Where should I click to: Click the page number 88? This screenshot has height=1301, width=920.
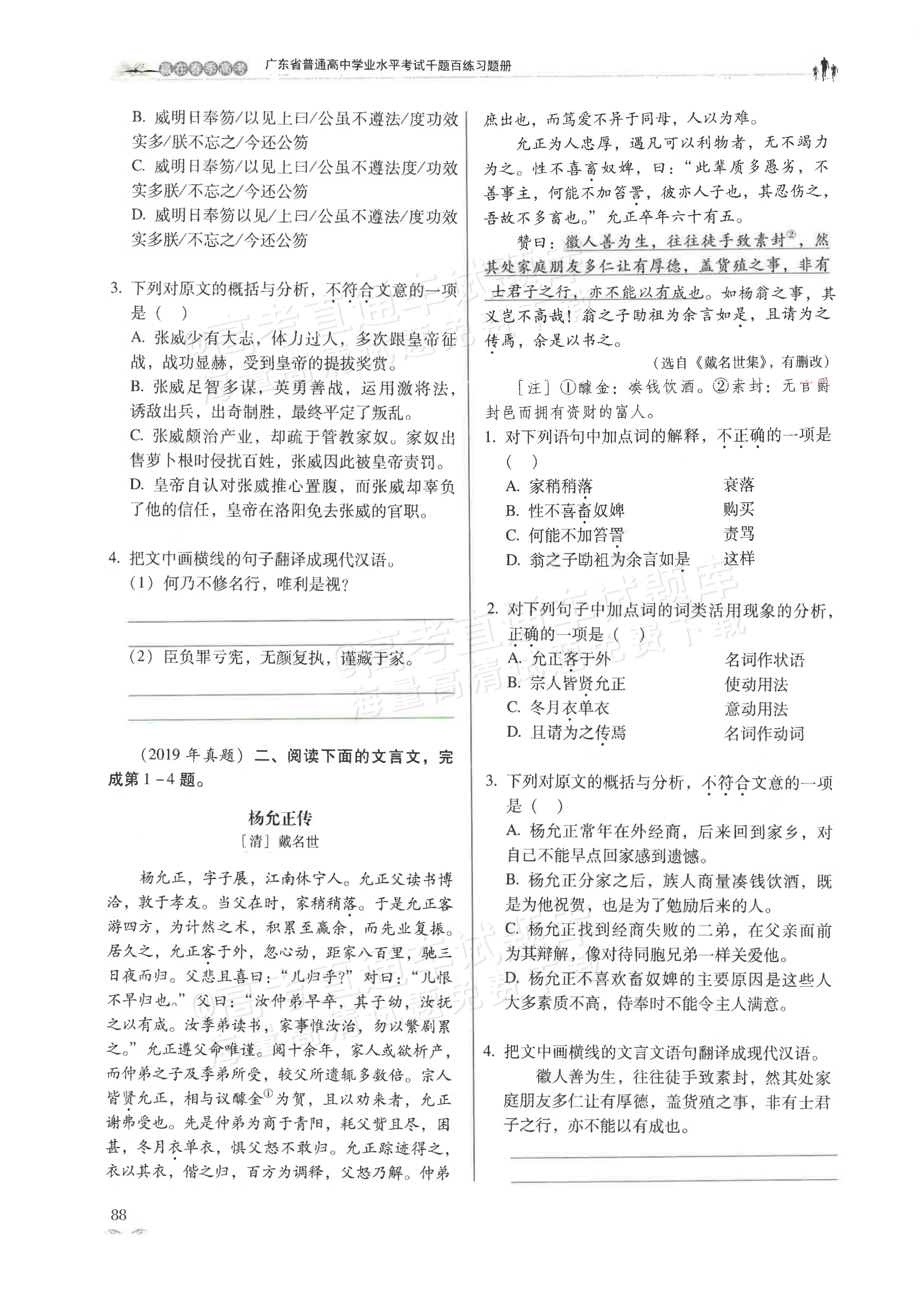(119, 1214)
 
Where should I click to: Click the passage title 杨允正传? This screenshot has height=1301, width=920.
(280, 818)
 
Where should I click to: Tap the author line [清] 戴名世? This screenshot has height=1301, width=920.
(280, 841)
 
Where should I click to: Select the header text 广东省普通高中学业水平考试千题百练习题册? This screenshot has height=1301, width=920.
(388, 66)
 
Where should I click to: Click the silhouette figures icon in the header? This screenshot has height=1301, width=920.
(826, 69)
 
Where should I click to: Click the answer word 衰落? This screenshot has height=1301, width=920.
(739, 485)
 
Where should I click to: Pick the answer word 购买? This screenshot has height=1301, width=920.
(739, 509)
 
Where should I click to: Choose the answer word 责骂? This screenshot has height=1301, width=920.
(739, 534)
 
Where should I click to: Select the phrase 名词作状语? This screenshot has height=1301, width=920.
(764, 660)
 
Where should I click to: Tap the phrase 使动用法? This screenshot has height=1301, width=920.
(756, 685)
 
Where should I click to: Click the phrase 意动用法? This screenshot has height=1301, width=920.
(756, 709)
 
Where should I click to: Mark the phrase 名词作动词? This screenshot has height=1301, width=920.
(764, 734)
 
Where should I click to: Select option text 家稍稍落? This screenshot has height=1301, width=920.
(561, 486)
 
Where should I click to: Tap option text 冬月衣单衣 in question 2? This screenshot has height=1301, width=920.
(569, 708)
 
